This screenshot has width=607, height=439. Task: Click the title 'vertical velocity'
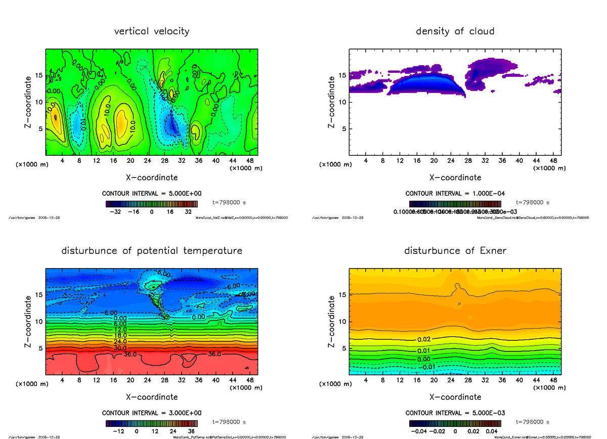tap(152, 31)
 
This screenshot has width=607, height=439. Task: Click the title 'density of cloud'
tap(455, 31)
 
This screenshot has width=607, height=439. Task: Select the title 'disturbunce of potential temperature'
tap(152, 251)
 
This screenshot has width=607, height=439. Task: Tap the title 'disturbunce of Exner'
tap(455, 251)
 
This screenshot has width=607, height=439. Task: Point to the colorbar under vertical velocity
tap(152, 204)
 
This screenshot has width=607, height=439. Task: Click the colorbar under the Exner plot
tap(455, 423)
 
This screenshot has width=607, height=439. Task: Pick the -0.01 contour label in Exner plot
tap(428, 367)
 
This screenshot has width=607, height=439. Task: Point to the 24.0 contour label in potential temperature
tap(120, 341)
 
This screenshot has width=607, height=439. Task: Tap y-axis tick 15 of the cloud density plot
tap(342, 76)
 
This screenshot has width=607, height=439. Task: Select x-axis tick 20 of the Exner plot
tap(433, 380)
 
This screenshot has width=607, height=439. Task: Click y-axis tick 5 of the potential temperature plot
tap(39, 348)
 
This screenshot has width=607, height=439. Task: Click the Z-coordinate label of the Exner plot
tap(331, 321)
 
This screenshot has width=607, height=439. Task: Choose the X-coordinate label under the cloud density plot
tap(455, 178)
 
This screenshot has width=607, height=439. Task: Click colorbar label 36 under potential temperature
tap(191, 431)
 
